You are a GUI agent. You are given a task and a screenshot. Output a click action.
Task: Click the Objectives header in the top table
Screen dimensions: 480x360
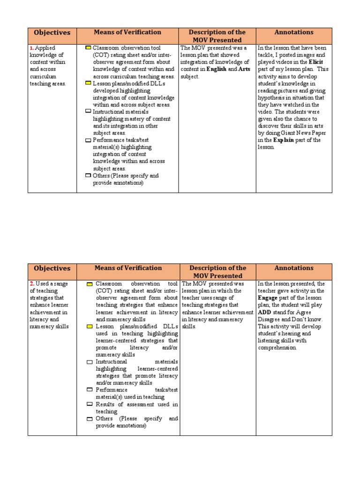click(52, 33)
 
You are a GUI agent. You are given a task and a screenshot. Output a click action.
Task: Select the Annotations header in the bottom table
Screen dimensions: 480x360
click(294, 268)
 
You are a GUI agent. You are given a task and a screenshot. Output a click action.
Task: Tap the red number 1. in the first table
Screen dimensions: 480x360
click(31, 48)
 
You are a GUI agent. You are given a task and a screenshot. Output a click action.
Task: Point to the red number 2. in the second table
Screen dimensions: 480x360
click(31, 284)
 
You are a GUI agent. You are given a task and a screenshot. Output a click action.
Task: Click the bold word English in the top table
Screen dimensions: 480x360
click(216, 69)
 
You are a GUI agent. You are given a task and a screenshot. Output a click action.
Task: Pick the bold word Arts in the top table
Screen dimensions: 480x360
click(245, 69)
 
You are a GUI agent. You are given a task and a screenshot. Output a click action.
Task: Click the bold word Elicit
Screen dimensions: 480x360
click(315, 62)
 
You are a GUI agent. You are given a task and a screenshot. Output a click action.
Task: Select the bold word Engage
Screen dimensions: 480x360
click(268, 298)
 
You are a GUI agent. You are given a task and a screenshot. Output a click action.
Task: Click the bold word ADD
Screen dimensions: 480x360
click(265, 312)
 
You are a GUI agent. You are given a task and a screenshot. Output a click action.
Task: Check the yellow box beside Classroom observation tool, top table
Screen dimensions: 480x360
click(88, 48)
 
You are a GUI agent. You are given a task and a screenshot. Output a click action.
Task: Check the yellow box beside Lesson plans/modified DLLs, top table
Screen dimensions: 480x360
click(88, 83)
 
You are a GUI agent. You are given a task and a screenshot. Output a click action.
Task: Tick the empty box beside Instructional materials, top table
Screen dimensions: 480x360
click(88, 112)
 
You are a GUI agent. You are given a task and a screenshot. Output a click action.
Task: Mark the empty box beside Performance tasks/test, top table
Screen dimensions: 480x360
click(88, 140)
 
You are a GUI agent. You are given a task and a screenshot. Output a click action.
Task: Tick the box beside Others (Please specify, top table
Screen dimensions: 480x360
click(88, 175)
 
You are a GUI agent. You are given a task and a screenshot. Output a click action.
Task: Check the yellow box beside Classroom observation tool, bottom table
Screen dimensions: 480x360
click(90, 284)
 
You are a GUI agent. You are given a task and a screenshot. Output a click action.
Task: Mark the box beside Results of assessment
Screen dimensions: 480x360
click(90, 404)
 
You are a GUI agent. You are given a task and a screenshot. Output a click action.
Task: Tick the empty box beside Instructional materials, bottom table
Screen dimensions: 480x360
click(90, 362)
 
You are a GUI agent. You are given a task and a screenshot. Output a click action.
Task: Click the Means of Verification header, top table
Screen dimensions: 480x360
click(127, 32)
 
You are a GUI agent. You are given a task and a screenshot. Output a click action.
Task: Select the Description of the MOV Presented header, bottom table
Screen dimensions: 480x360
click(217, 272)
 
